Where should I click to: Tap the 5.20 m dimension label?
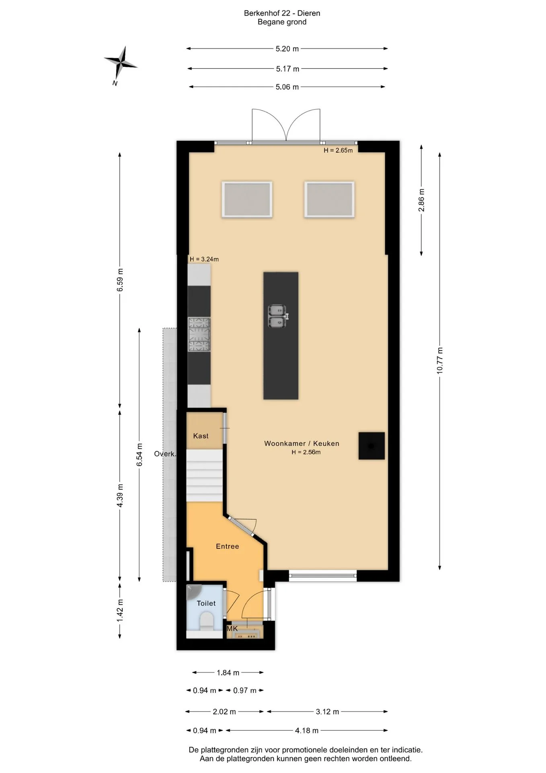pyautogui.click(x=287, y=49)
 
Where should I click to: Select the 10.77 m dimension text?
pyautogui.click(x=440, y=360)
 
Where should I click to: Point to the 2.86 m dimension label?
pyautogui.click(x=421, y=200)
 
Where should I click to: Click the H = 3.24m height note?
pyautogui.click(x=204, y=259)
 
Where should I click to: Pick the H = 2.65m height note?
pyautogui.click(x=338, y=151)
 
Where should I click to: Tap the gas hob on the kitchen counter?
pyautogui.click(x=199, y=334)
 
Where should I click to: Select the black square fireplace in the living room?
pyautogui.click(x=372, y=446)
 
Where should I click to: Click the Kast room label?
pyautogui.click(x=201, y=436)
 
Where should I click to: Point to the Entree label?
pyautogui.click(x=228, y=546)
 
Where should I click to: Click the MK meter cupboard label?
pyautogui.click(x=232, y=628)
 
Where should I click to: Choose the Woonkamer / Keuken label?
pyautogui.click(x=302, y=443)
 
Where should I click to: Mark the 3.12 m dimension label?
pyautogui.click(x=327, y=712)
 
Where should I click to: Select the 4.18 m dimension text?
pyautogui.click(x=307, y=730)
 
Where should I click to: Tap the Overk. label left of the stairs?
pyautogui.click(x=165, y=454)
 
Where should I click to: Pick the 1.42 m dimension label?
pyautogui.click(x=120, y=610)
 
